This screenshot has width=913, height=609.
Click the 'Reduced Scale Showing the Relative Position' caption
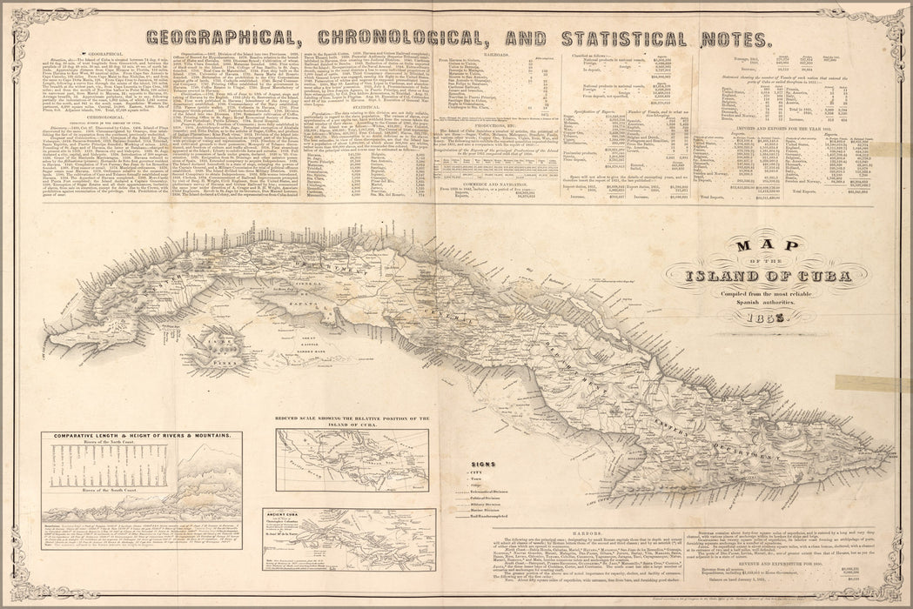click(x=352, y=422)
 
